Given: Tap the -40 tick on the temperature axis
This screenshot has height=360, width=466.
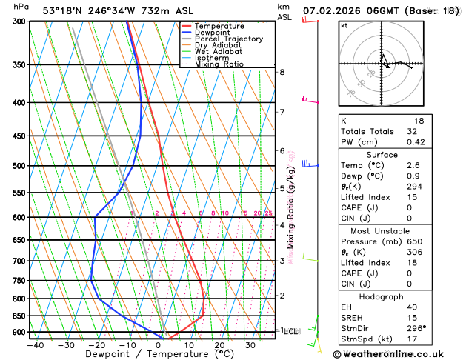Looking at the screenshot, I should pos(34,345).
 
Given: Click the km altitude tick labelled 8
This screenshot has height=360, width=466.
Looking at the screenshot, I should pos(282,72).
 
